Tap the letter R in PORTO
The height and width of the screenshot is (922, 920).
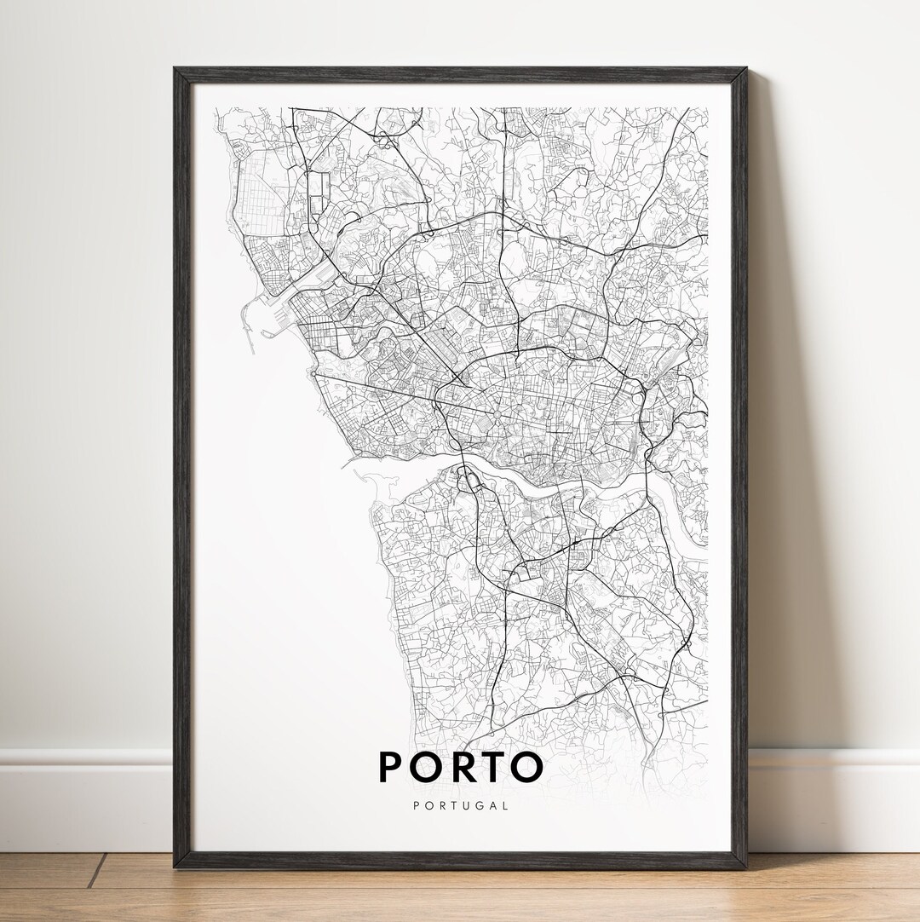coord(457,767)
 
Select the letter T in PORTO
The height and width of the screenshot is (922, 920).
coord(492,767)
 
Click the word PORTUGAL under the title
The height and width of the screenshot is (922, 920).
coord(461,805)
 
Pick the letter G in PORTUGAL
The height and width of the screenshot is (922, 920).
coord(479,805)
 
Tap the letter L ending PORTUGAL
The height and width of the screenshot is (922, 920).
coord(506,805)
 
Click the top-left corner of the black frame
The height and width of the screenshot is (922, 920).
coord(175,70)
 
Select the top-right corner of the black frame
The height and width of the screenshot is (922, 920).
coord(745,70)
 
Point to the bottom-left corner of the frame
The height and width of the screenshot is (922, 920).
coord(175,866)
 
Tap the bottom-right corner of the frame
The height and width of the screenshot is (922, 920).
coord(745,866)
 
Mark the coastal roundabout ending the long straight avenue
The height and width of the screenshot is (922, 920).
coord(313,373)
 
